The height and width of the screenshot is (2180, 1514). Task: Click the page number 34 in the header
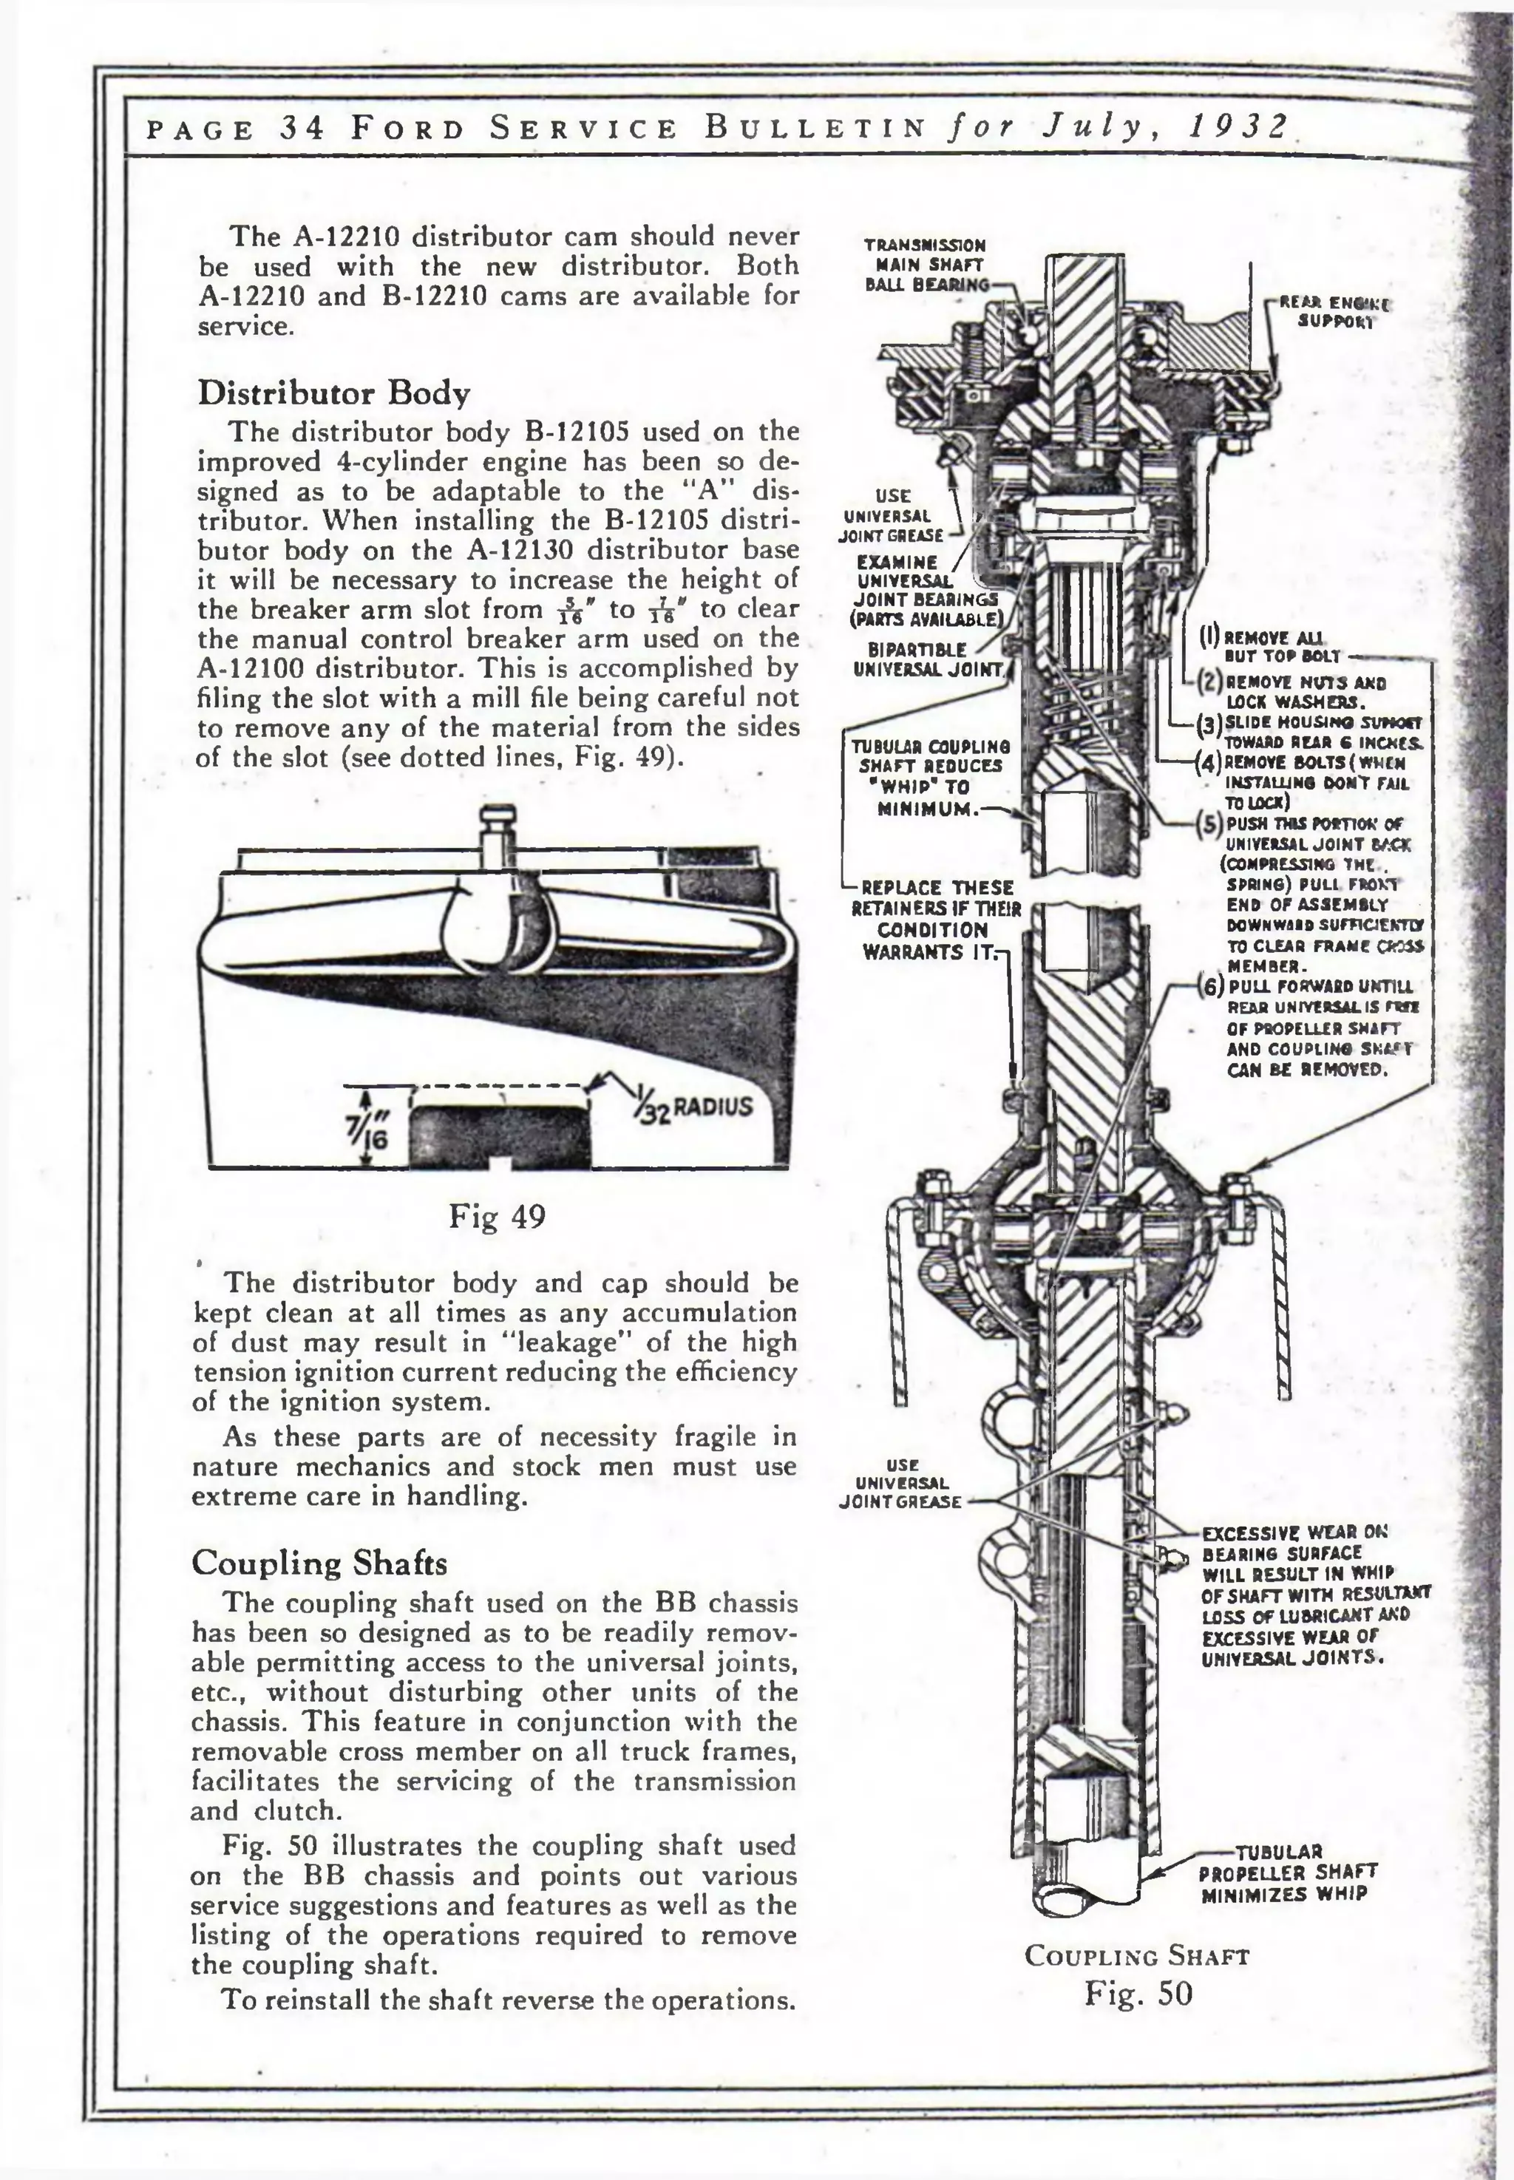tap(302, 127)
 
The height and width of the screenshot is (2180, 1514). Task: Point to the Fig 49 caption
tap(497, 1216)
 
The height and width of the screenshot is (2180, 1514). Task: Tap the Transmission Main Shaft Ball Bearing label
tap(925, 265)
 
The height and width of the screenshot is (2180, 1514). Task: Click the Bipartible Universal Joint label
tap(928, 659)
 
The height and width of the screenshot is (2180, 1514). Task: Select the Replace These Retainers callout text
tap(935, 920)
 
